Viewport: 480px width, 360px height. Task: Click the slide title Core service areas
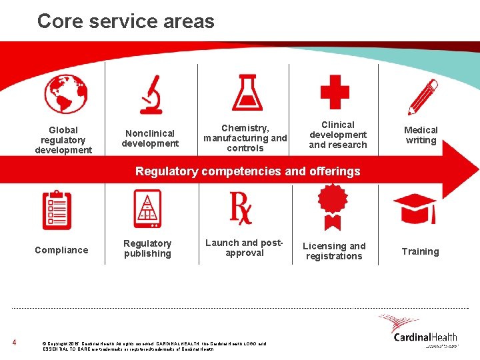click(x=125, y=21)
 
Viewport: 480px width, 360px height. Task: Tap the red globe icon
click(x=66, y=93)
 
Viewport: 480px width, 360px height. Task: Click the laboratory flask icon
click(x=247, y=92)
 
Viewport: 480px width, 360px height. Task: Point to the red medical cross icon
click(x=335, y=92)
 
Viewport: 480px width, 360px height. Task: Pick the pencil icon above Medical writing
click(x=422, y=97)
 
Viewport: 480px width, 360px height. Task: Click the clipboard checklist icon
click(x=57, y=209)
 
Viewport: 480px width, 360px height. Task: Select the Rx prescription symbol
click(x=241, y=207)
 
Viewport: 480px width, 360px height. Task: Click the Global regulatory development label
click(x=63, y=140)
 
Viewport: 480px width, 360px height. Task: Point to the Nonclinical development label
click(x=150, y=138)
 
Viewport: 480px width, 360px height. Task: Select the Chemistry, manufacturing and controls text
click(x=245, y=138)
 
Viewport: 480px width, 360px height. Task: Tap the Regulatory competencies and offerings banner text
click(x=247, y=171)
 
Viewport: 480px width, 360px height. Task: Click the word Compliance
click(x=61, y=250)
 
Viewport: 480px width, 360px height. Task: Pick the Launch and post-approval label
click(x=245, y=248)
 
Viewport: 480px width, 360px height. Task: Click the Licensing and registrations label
click(x=334, y=251)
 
